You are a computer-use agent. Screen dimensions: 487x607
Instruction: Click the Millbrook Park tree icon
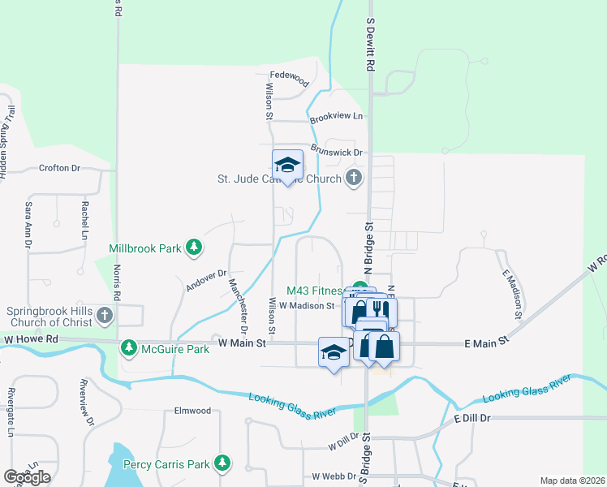tap(194, 247)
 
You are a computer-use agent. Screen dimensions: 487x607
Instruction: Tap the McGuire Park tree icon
tap(128, 348)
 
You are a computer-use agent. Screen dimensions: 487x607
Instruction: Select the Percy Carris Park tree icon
tap(223, 464)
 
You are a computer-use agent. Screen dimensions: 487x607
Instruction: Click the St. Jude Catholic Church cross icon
tap(353, 177)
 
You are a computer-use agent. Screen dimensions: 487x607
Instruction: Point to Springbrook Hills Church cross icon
tap(105, 315)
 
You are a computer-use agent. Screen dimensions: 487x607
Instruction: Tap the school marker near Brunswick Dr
tap(287, 166)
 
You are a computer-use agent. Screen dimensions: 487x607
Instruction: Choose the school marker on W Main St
tap(333, 352)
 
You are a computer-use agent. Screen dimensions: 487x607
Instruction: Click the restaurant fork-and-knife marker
tap(377, 310)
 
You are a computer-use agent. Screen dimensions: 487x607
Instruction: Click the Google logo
tap(27, 477)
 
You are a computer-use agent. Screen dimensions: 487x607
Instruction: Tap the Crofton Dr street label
tap(60, 168)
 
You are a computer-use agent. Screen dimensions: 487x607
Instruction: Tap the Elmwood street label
tap(192, 411)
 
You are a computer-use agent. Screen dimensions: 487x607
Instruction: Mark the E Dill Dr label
tap(473, 418)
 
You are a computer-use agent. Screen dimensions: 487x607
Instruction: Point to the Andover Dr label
tap(204, 280)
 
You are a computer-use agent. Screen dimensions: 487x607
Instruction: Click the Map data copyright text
tap(572, 481)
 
